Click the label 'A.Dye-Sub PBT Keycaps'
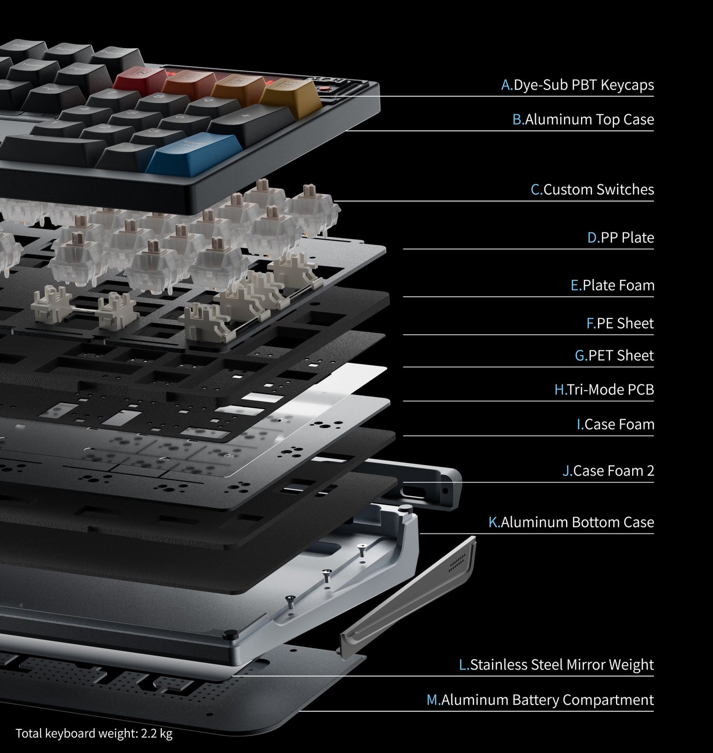(578, 85)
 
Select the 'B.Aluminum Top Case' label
(583, 120)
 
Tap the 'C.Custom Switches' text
(592, 190)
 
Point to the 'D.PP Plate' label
(621, 238)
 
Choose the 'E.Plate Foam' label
(613, 286)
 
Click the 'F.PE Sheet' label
(620, 324)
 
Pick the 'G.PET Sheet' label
(615, 356)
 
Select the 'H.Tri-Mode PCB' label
(604, 390)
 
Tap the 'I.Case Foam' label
(616, 425)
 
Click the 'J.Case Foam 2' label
(608, 471)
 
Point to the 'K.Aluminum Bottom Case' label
(571, 523)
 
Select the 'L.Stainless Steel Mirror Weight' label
(556, 665)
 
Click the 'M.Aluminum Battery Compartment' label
(540, 700)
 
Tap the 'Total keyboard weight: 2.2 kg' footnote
(94, 733)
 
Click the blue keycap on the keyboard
(179, 151)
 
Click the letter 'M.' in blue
(433, 700)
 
